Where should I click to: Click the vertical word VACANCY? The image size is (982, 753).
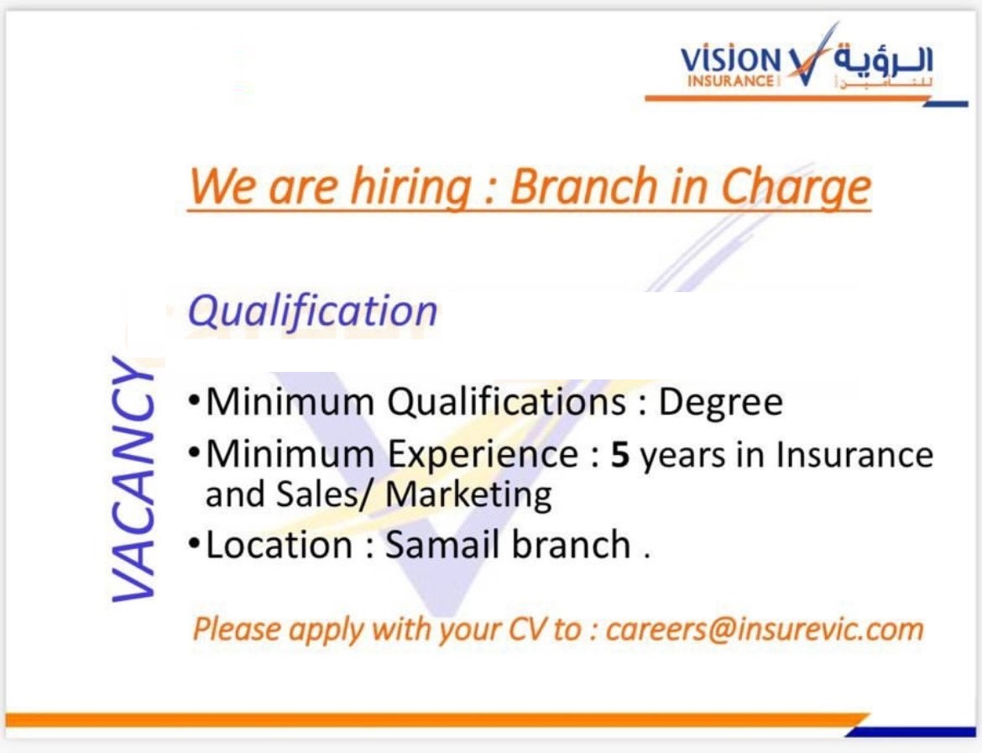[133, 479]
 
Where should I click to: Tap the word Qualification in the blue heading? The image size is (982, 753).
[312, 312]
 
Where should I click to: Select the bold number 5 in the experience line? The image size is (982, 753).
[620, 456]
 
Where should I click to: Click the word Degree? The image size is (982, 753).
[721, 403]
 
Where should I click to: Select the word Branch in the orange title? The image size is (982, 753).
[583, 186]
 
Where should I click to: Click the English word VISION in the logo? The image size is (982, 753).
[731, 60]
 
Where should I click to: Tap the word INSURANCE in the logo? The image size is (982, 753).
[730, 81]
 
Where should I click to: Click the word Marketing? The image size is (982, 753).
[468, 495]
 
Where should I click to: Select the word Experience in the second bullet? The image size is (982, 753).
[483, 456]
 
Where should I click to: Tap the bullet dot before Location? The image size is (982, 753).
[194, 544]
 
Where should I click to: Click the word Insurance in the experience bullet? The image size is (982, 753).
[854, 454]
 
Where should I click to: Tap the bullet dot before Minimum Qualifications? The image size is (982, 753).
[194, 400]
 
